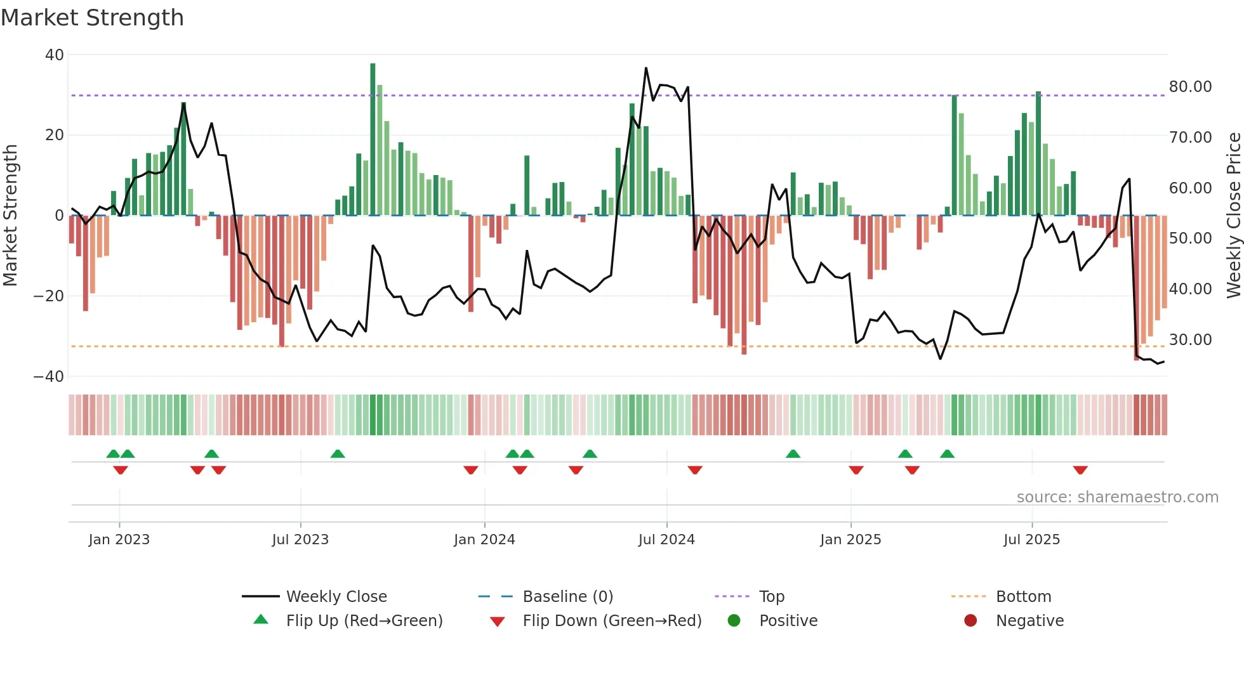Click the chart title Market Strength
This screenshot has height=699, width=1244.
coord(92,18)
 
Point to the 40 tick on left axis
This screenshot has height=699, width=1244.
coord(55,55)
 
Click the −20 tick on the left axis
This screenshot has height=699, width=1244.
coord(49,296)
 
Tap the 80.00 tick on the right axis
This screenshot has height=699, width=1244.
coord(1190,87)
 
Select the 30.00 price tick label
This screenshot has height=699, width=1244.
coord(1190,340)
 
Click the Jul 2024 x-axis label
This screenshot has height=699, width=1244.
coord(666,540)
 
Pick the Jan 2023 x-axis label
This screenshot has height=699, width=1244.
coord(119,540)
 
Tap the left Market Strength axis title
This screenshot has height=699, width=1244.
coord(10,216)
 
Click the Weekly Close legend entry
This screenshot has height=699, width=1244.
coord(336,597)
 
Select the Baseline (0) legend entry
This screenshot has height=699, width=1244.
coord(567,597)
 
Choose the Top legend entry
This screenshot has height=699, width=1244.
coord(771,597)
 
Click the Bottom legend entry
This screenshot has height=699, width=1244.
coord(1023,597)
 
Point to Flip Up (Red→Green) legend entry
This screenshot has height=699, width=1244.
coord(364,621)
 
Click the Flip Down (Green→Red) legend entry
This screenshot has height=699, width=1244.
coord(611,621)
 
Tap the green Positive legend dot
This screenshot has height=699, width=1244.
coord(734,621)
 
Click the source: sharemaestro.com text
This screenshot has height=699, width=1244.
coord(1117,497)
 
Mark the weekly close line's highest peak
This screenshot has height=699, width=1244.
coord(646,68)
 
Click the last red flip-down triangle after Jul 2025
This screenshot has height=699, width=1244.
coord(1080,470)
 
